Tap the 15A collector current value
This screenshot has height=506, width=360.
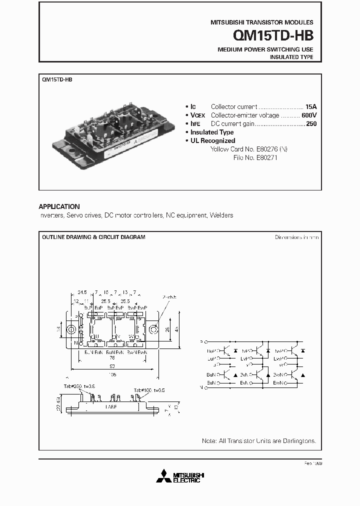tap(311, 106)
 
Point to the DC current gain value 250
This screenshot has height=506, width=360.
tap(311, 123)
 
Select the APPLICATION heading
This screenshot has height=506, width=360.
tap(59, 206)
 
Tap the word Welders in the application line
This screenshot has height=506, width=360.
tap(222, 215)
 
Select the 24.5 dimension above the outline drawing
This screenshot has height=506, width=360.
tap(82, 292)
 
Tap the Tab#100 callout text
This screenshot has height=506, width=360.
tap(145, 390)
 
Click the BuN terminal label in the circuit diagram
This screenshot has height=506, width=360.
tap(210, 374)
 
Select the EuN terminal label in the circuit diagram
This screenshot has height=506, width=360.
tap(210, 382)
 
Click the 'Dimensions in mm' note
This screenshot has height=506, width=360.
tap(296, 237)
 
